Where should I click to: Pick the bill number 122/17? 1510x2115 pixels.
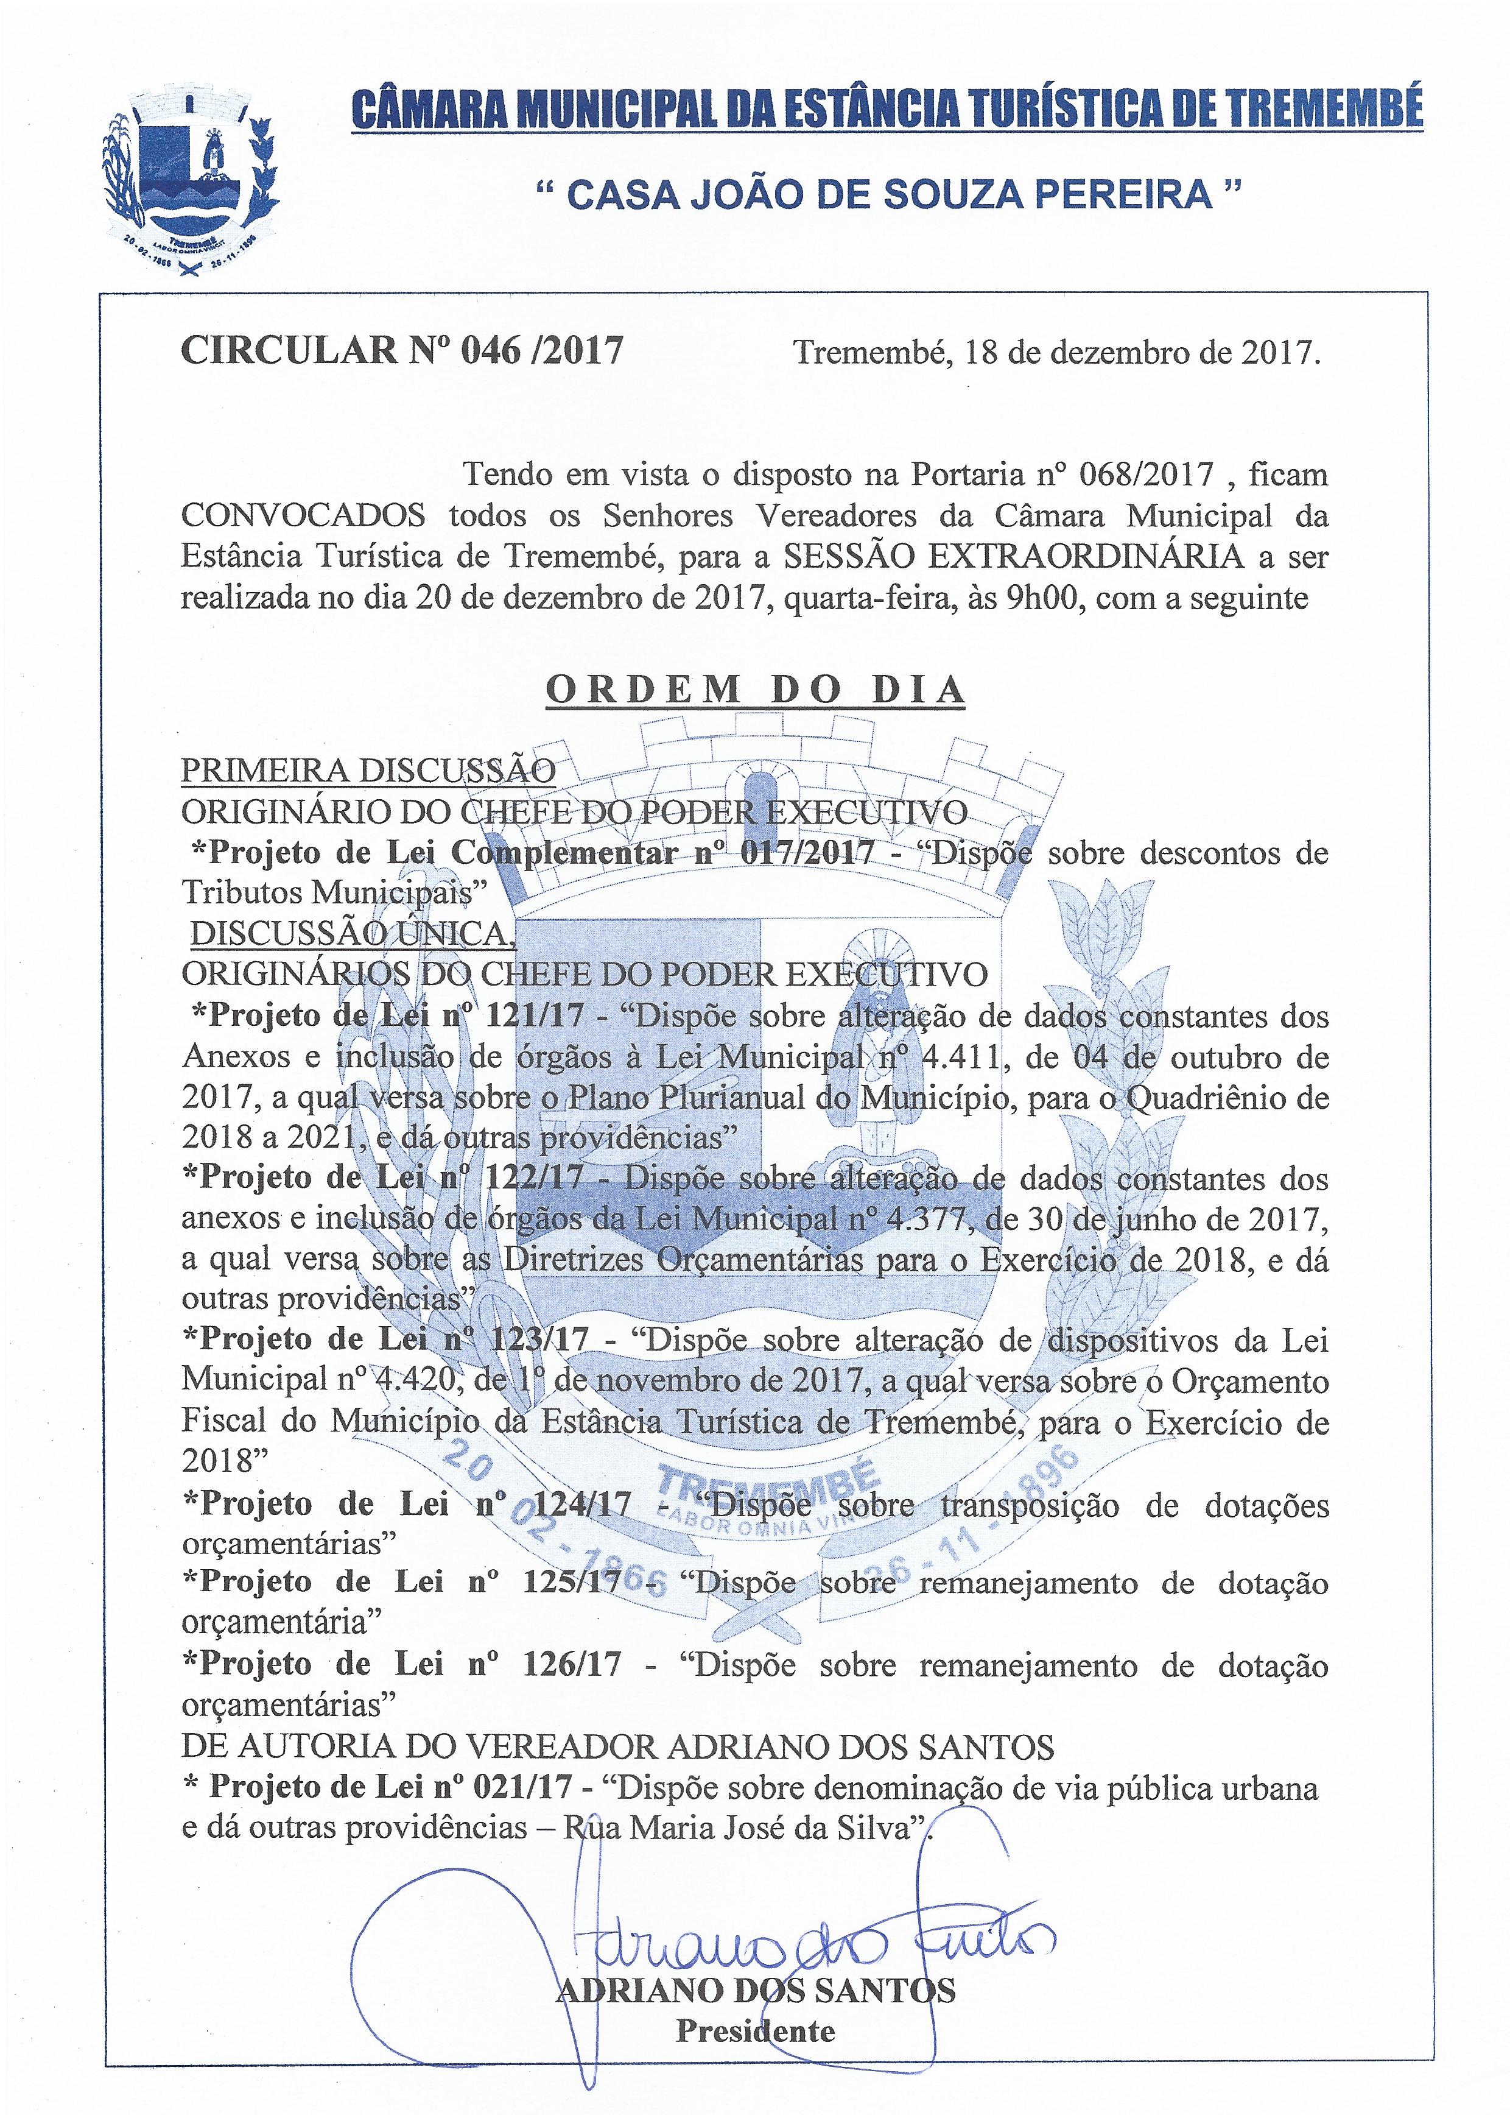coord(536,1178)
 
